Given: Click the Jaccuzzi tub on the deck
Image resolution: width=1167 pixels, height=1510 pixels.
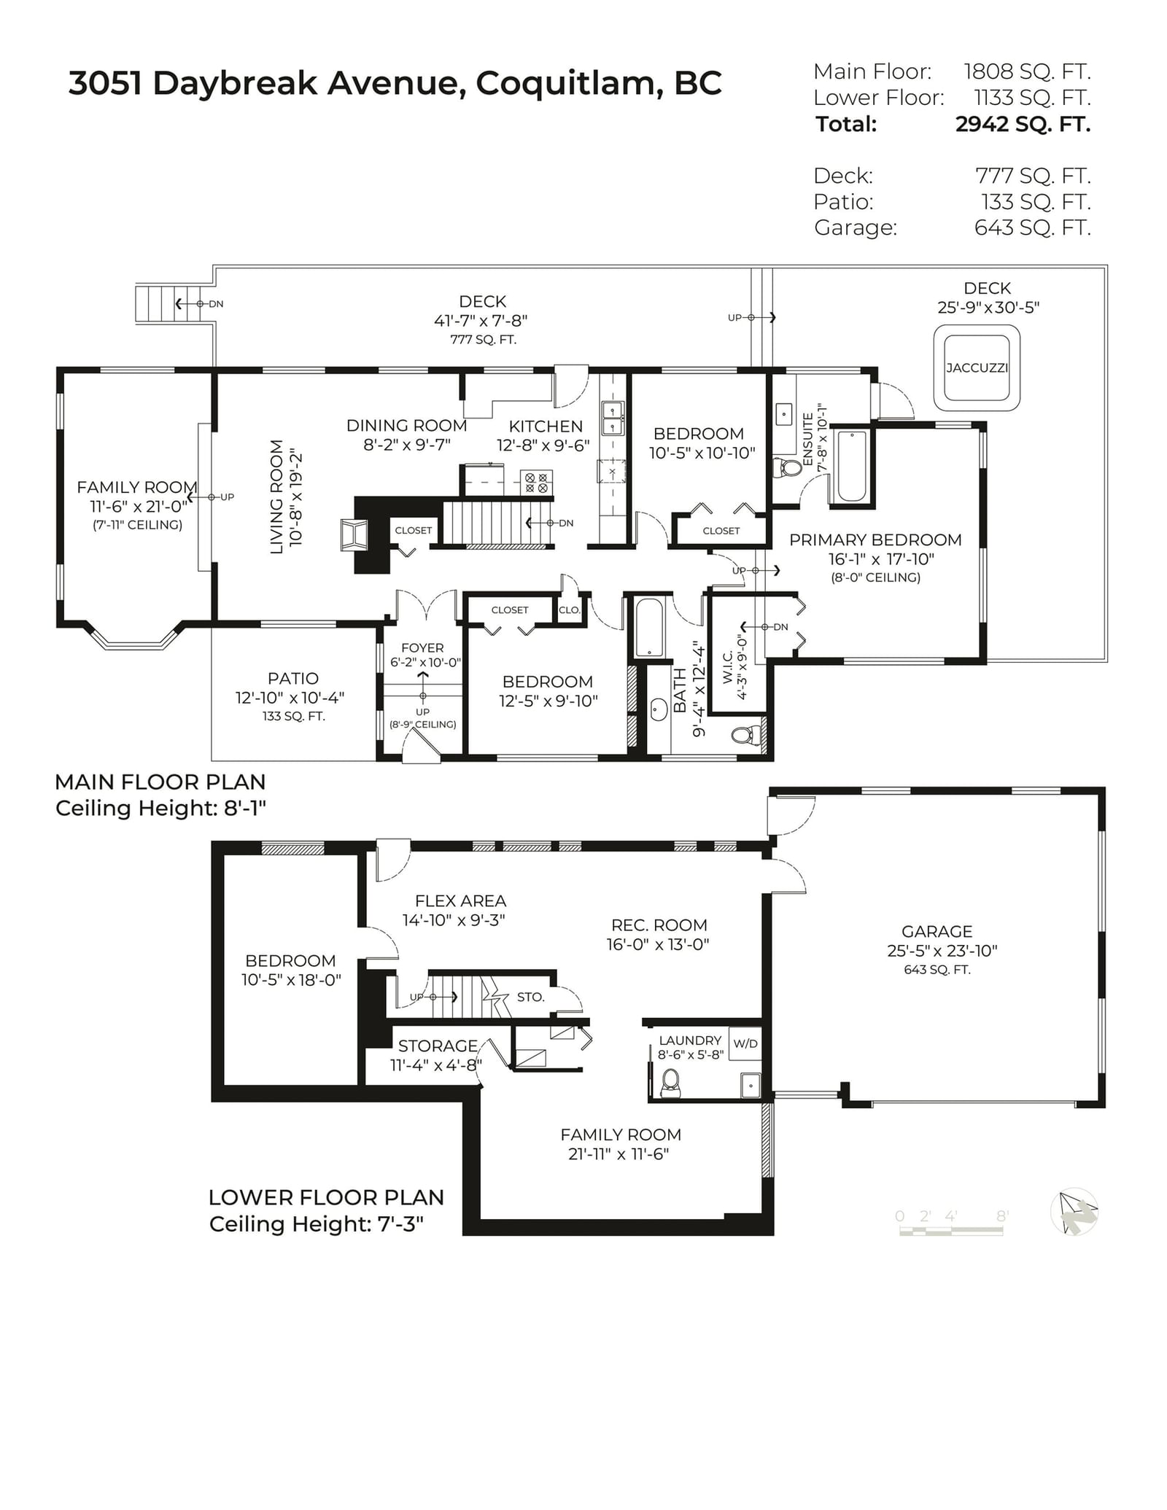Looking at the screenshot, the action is [x=977, y=368].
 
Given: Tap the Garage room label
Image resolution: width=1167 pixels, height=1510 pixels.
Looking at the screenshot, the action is [x=937, y=931].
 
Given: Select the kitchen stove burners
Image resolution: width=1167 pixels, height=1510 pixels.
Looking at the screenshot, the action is [x=536, y=482].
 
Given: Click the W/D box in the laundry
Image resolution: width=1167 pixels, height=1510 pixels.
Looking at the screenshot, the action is [x=745, y=1043].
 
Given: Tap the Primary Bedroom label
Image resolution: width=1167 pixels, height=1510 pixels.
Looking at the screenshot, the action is [x=875, y=540].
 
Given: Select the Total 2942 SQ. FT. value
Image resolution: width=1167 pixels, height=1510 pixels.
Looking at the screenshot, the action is [x=1023, y=124].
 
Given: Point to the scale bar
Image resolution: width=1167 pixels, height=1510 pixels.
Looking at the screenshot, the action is [x=951, y=1231].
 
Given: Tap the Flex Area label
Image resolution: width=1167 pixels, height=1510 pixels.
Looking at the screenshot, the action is [x=460, y=901].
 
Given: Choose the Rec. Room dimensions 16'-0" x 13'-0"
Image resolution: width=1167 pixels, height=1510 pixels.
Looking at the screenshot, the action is [x=658, y=944].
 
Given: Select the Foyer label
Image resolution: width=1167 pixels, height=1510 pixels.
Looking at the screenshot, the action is [x=422, y=647].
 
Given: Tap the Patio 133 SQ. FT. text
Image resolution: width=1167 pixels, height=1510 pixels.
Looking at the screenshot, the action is [x=294, y=716].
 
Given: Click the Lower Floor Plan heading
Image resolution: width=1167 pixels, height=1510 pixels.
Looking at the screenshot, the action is [x=326, y=1197].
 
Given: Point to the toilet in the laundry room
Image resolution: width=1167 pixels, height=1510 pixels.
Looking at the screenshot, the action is [x=670, y=1083].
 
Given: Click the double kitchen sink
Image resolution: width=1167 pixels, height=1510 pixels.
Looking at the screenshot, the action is [x=612, y=417].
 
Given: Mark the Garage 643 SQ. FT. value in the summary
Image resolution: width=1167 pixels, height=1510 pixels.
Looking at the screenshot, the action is [x=1033, y=227].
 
